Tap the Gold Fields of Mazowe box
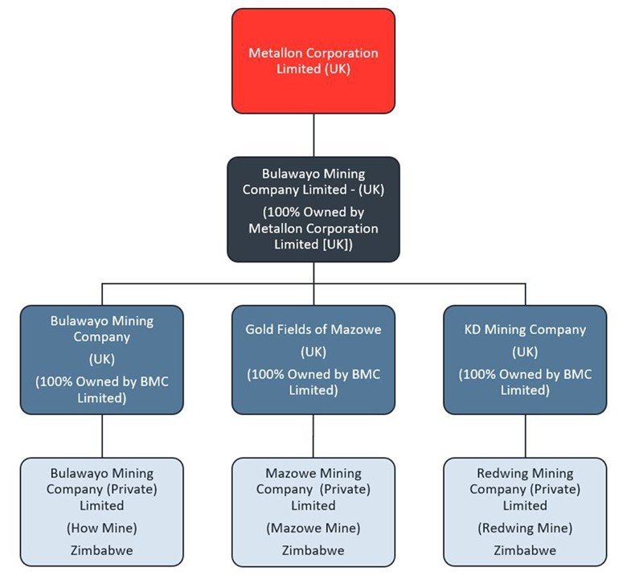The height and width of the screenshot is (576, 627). tap(313, 360)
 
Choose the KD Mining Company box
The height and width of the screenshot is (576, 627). tap(526, 360)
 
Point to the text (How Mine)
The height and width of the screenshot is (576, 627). tap(101, 529)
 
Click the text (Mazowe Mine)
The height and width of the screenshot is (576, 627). tap(313, 529)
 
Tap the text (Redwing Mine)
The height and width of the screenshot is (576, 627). tap(526, 529)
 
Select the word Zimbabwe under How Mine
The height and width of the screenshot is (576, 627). tap(101, 551)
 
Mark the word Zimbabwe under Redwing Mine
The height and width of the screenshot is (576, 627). tap(526, 551)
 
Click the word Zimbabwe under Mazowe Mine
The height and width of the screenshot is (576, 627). tap(313, 551)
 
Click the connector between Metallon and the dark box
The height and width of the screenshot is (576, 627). tap(313, 135)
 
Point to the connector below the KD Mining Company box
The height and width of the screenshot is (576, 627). tap(526, 436)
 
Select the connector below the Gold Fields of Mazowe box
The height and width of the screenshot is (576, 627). tap(313, 436)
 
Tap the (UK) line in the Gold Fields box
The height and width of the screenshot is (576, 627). tap(313, 352)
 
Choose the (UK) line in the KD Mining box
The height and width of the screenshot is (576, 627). tap(526, 352)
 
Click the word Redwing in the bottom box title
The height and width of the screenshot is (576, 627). tap(502, 473)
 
